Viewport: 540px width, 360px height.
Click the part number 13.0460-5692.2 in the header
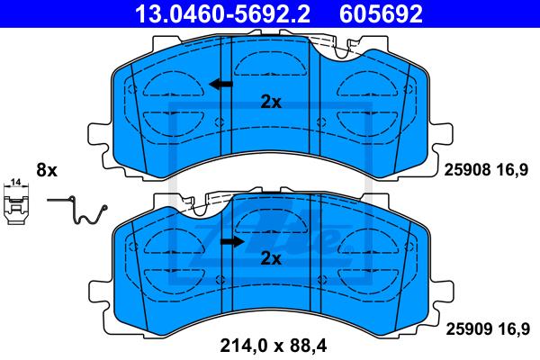click(x=222, y=13)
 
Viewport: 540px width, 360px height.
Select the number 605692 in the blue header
click(x=381, y=13)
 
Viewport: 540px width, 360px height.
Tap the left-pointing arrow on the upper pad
click(x=220, y=84)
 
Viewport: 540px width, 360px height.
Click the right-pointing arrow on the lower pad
click(x=232, y=241)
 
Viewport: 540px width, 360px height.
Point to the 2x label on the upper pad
click(x=271, y=102)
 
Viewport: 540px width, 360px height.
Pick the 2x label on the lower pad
click(x=271, y=258)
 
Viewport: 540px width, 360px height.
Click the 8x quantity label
click(x=47, y=170)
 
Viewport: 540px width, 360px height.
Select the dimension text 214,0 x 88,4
click(x=273, y=345)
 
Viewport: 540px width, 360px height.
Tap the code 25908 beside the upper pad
click(x=467, y=170)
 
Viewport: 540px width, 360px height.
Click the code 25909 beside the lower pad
click(x=469, y=329)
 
